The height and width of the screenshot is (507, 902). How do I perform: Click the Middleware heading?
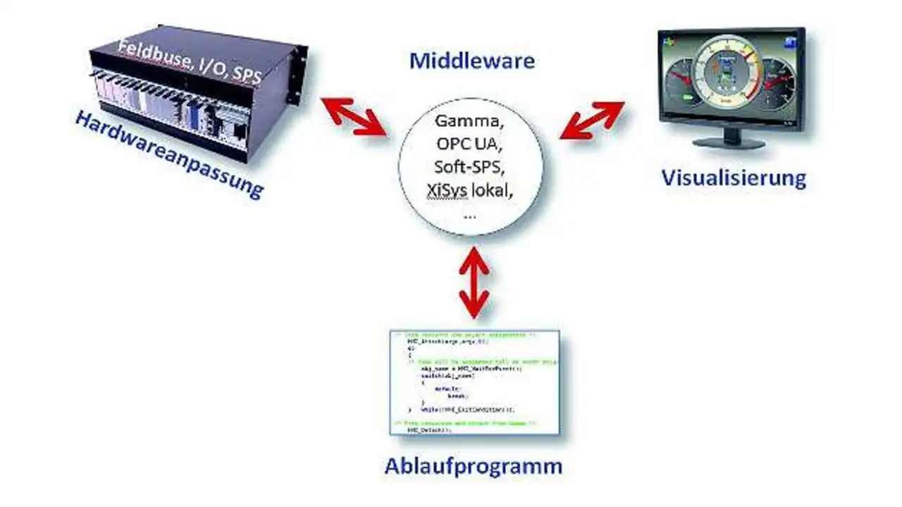[x=471, y=61]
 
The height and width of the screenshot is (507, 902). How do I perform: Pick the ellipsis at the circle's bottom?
[x=470, y=215]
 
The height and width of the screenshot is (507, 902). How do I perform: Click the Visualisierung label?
[x=733, y=177]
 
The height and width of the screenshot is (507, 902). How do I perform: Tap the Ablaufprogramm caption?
[x=473, y=466]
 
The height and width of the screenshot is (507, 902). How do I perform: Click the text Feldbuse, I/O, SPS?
[x=190, y=62]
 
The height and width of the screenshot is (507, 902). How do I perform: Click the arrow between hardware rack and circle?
[x=354, y=115]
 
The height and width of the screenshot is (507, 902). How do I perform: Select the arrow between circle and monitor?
[x=592, y=119]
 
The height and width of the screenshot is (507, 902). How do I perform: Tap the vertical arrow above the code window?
[x=474, y=282]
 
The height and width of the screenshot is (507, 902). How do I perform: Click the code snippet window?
[x=474, y=381]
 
